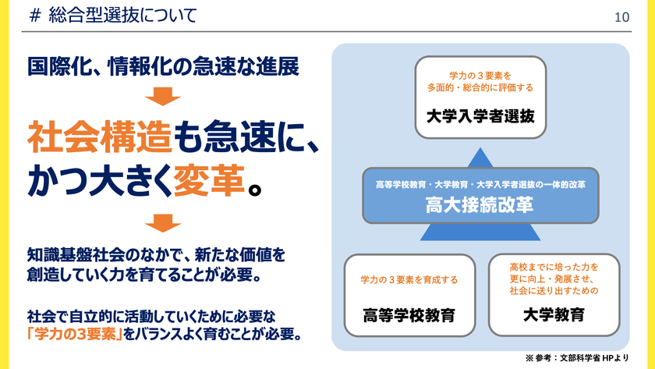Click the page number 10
pyautogui.click(x=621, y=17)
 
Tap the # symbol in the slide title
pyautogui.click(x=36, y=16)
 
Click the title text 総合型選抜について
pyautogui.click(x=122, y=16)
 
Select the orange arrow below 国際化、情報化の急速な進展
pyautogui.click(x=163, y=96)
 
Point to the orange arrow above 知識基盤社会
pyautogui.click(x=163, y=223)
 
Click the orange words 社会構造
pyautogui.click(x=100, y=137)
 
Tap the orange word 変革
pyautogui.click(x=209, y=180)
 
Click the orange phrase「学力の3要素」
pyautogui.click(x=75, y=335)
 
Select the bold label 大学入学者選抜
pyautogui.click(x=480, y=116)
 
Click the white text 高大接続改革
pyautogui.click(x=480, y=204)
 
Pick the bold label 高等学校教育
pyautogui.click(x=409, y=315)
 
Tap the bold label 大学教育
pyautogui.click(x=554, y=314)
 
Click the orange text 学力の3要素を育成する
pyautogui.click(x=409, y=279)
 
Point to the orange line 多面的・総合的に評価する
pyautogui.click(x=480, y=87)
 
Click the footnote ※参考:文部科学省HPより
pyautogui.click(x=577, y=358)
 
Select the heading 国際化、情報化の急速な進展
pyautogui.click(x=163, y=67)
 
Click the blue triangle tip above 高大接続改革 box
pyautogui.click(x=480, y=147)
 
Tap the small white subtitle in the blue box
pyautogui.click(x=480, y=185)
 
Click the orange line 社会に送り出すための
pyautogui.click(x=554, y=291)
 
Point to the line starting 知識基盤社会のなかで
pyautogui.click(x=156, y=255)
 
